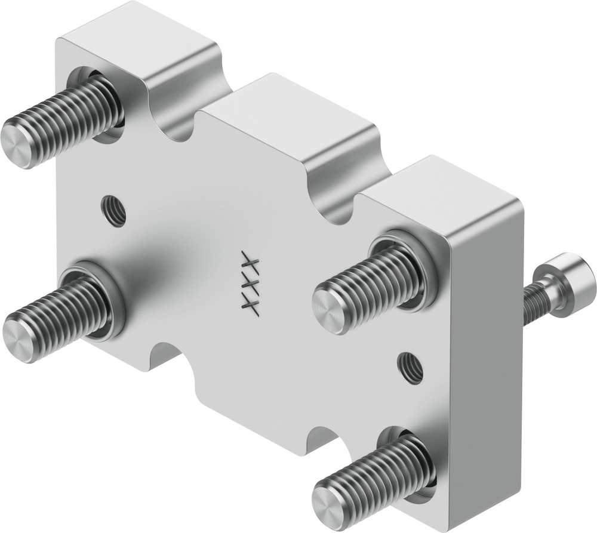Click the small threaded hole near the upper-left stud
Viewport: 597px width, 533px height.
pos(113,211)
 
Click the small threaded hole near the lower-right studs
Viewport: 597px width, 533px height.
pos(411,367)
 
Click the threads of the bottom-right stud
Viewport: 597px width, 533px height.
pos(382,472)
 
